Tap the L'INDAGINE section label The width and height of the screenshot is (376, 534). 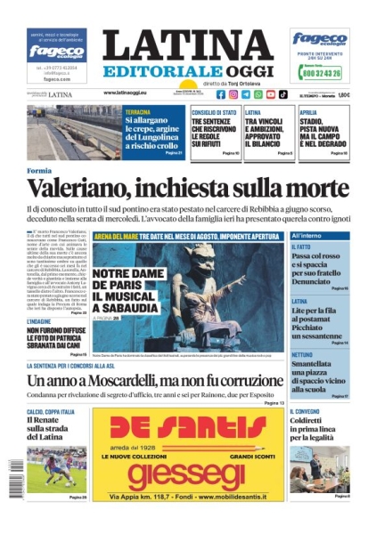pyautogui.click(x=40, y=320)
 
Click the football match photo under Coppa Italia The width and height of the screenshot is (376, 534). pyautogui.click(x=56, y=468)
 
